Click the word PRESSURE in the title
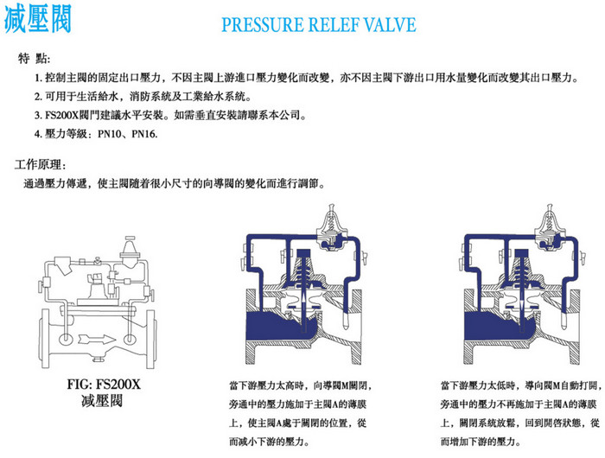pyautogui.click(x=263, y=25)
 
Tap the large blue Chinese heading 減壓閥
pyautogui.click(x=38, y=19)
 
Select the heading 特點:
pyautogui.click(x=34, y=59)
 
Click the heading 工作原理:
pyautogui.click(x=40, y=165)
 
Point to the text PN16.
pyautogui.click(x=144, y=134)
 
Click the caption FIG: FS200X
pyautogui.click(x=104, y=385)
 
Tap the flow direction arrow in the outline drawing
pyautogui.click(x=97, y=339)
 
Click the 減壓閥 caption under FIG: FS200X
pyautogui.click(x=102, y=401)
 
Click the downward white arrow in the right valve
pyautogui.click(x=522, y=306)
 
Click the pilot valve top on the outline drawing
pyautogui.click(x=130, y=244)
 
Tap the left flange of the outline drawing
pyautogui.click(x=45, y=339)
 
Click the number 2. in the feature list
pyautogui.click(x=38, y=97)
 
